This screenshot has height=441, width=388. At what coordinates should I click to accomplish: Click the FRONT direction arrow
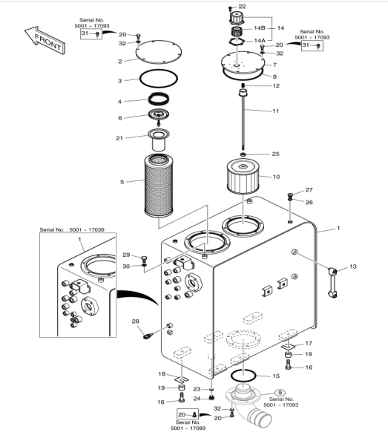click(x=45, y=41)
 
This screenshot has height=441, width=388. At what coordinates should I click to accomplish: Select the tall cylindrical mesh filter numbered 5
click(x=159, y=186)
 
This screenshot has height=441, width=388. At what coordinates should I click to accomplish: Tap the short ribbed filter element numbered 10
click(x=243, y=177)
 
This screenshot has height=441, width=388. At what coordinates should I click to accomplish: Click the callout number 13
click(x=353, y=267)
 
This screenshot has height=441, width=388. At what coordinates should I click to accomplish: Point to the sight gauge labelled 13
click(x=332, y=283)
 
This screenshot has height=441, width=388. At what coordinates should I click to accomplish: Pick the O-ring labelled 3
click(x=159, y=79)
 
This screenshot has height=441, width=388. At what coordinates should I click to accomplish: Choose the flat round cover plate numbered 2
click(x=159, y=51)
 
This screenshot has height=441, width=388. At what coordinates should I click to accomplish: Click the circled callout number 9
click(x=280, y=393)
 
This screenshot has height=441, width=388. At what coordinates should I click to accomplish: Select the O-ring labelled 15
click(x=243, y=376)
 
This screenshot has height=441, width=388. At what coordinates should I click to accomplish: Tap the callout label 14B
click(x=260, y=28)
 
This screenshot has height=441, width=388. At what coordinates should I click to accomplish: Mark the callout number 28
click(x=136, y=321)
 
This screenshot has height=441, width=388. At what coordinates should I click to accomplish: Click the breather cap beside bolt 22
click(x=236, y=18)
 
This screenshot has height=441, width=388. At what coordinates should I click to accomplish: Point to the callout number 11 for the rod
click(x=276, y=111)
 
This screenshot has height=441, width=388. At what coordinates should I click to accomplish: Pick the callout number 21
click(x=119, y=138)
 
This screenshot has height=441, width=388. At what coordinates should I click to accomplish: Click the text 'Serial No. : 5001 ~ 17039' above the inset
click(x=72, y=230)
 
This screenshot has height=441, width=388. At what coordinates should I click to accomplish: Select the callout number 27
click(x=309, y=190)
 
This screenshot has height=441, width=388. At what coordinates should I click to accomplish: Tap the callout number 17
click(x=309, y=343)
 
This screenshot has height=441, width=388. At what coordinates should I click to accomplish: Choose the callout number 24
click(x=197, y=399)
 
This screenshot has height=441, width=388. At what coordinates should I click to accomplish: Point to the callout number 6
click(x=120, y=118)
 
